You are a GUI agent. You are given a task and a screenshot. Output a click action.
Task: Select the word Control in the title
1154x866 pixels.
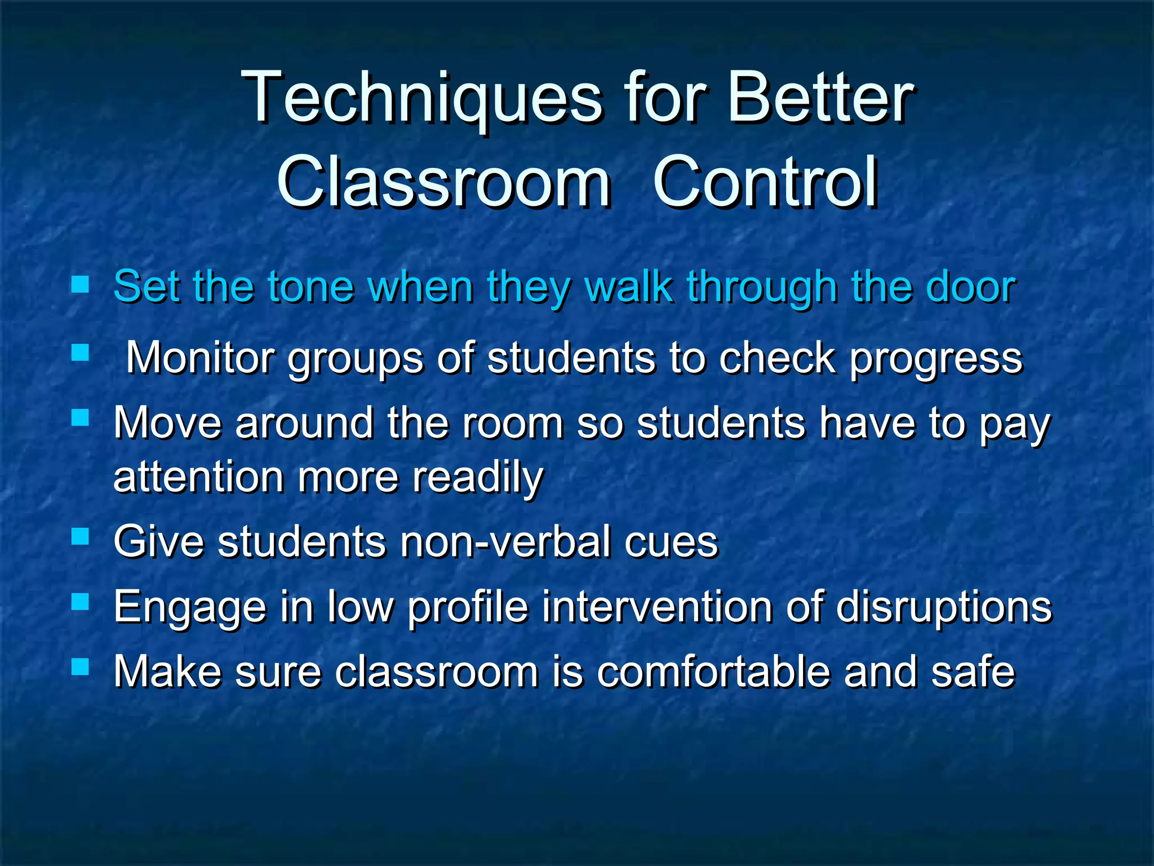[765, 182]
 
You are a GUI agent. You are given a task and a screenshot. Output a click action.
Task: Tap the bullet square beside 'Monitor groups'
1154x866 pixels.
[81, 354]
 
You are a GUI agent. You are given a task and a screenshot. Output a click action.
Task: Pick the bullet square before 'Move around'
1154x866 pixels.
[81, 418]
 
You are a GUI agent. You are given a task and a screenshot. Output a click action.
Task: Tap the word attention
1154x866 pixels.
[198, 477]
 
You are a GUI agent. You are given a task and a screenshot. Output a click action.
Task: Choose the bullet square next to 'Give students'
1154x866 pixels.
[81, 536]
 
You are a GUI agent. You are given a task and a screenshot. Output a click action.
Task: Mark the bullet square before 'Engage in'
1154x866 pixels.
[81, 602]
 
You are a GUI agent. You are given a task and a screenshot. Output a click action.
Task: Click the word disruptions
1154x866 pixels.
[944, 607]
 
